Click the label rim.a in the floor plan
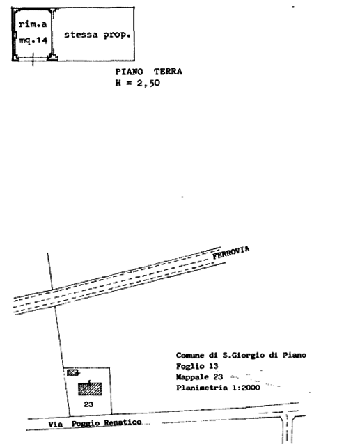pyautogui.click(x=33, y=24)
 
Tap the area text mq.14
pyautogui.click(x=33, y=40)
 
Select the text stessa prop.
pyautogui.click(x=97, y=35)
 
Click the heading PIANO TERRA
pyautogui.click(x=149, y=72)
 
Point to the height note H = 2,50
pyautogui.click(x=138, y=84)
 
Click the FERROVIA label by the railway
pyautogui.click(x=231, y=253)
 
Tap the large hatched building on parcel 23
pyautogui.click(x=90, y=389)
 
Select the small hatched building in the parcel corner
pyautogui.click(x=72, y=373)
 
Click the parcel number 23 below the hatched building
pyautogui.click(x=88, y=404)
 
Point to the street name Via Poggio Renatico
pyautogui.click(x=95, y=423)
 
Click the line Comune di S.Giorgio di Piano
pyautogui.click(x=241, y=355)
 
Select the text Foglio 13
pyautogui.click(x=197, y=366)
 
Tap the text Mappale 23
pyautogui.click(x=199, y=377)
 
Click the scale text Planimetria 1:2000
pyautogui.click(x=218, y=388)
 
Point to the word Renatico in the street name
pyautogui.click(x=123, y=422)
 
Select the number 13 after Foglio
pyautogui.click(x=214, y=366)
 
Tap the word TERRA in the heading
pyautogui.click(x=168, y=72)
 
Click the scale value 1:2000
pyautogui.click(x=246, y=388)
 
